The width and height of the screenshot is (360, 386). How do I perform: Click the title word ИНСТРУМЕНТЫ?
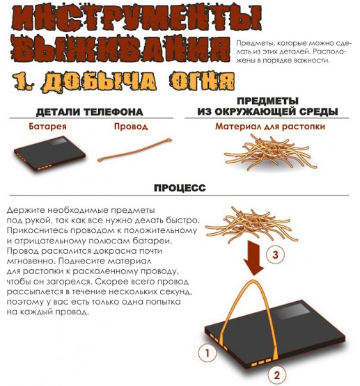point(136,19)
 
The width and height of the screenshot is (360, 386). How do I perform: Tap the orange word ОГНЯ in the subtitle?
point(201,81)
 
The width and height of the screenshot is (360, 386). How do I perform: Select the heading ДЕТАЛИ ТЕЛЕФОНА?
point(89,112)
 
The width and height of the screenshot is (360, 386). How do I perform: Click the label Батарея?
point(47,127)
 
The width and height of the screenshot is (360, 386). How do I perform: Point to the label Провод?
point(131,127)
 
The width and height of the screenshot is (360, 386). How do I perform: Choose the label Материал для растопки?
point(269,127)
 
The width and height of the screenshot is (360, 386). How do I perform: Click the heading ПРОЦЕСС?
point(180,188)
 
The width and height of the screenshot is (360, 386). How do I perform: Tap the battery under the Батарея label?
point(49,153)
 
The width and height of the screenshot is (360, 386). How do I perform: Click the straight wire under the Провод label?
point(134,150)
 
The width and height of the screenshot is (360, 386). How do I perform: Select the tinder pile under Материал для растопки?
point(270,153)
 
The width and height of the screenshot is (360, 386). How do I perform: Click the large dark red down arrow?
point(253,258)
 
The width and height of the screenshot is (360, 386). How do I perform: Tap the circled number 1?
point(208,353)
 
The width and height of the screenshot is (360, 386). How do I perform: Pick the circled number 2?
point(277,375)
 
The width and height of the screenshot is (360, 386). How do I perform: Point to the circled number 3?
point(275,255)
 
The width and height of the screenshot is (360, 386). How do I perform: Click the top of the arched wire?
point(253,281)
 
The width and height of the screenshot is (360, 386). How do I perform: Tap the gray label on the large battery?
point(293,311)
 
